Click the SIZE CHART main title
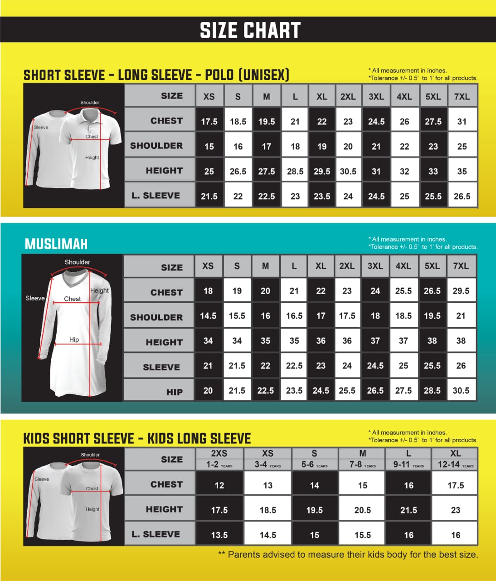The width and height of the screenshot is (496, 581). (x=250, y=30)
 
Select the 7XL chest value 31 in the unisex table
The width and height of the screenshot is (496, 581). (x=462, y=121)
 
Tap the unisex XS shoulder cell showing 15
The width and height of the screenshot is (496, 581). (x=209, y=146)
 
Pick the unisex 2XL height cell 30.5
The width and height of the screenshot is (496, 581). (x=348, y=171)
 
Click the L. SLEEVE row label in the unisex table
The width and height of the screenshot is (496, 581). (x=156, y=196)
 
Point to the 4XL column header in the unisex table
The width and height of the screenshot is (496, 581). (x=404, y=96)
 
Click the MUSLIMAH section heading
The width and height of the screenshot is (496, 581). (x=56, y=244)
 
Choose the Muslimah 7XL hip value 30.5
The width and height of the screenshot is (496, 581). (x=461, y=390)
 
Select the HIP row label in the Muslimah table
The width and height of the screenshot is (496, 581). (x=174, y=392)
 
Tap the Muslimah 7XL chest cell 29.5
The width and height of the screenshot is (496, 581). (x=461, y=291)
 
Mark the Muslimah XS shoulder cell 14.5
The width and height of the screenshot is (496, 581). (x=208, y=316)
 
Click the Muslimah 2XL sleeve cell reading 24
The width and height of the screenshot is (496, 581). (x=347, y=365)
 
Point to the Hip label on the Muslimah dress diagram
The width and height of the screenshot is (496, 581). (x=74, y=340)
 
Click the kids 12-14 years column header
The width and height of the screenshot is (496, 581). (x=455, y=464)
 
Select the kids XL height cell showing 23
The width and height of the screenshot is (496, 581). (x=455, y=510)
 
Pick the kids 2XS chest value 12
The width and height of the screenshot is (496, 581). (x=219, y=485)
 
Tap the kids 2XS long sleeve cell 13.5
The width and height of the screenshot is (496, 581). (x=219, y=535)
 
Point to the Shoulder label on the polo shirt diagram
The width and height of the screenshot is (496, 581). (x=90, y=103)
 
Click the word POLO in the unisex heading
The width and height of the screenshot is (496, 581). (x=219, y=75)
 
